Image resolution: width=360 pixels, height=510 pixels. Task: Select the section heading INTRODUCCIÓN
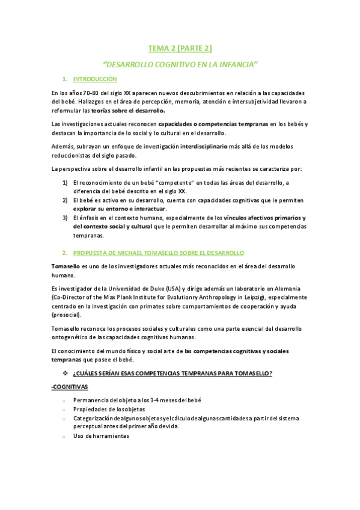pyautogui.click(x=95, y=79)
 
